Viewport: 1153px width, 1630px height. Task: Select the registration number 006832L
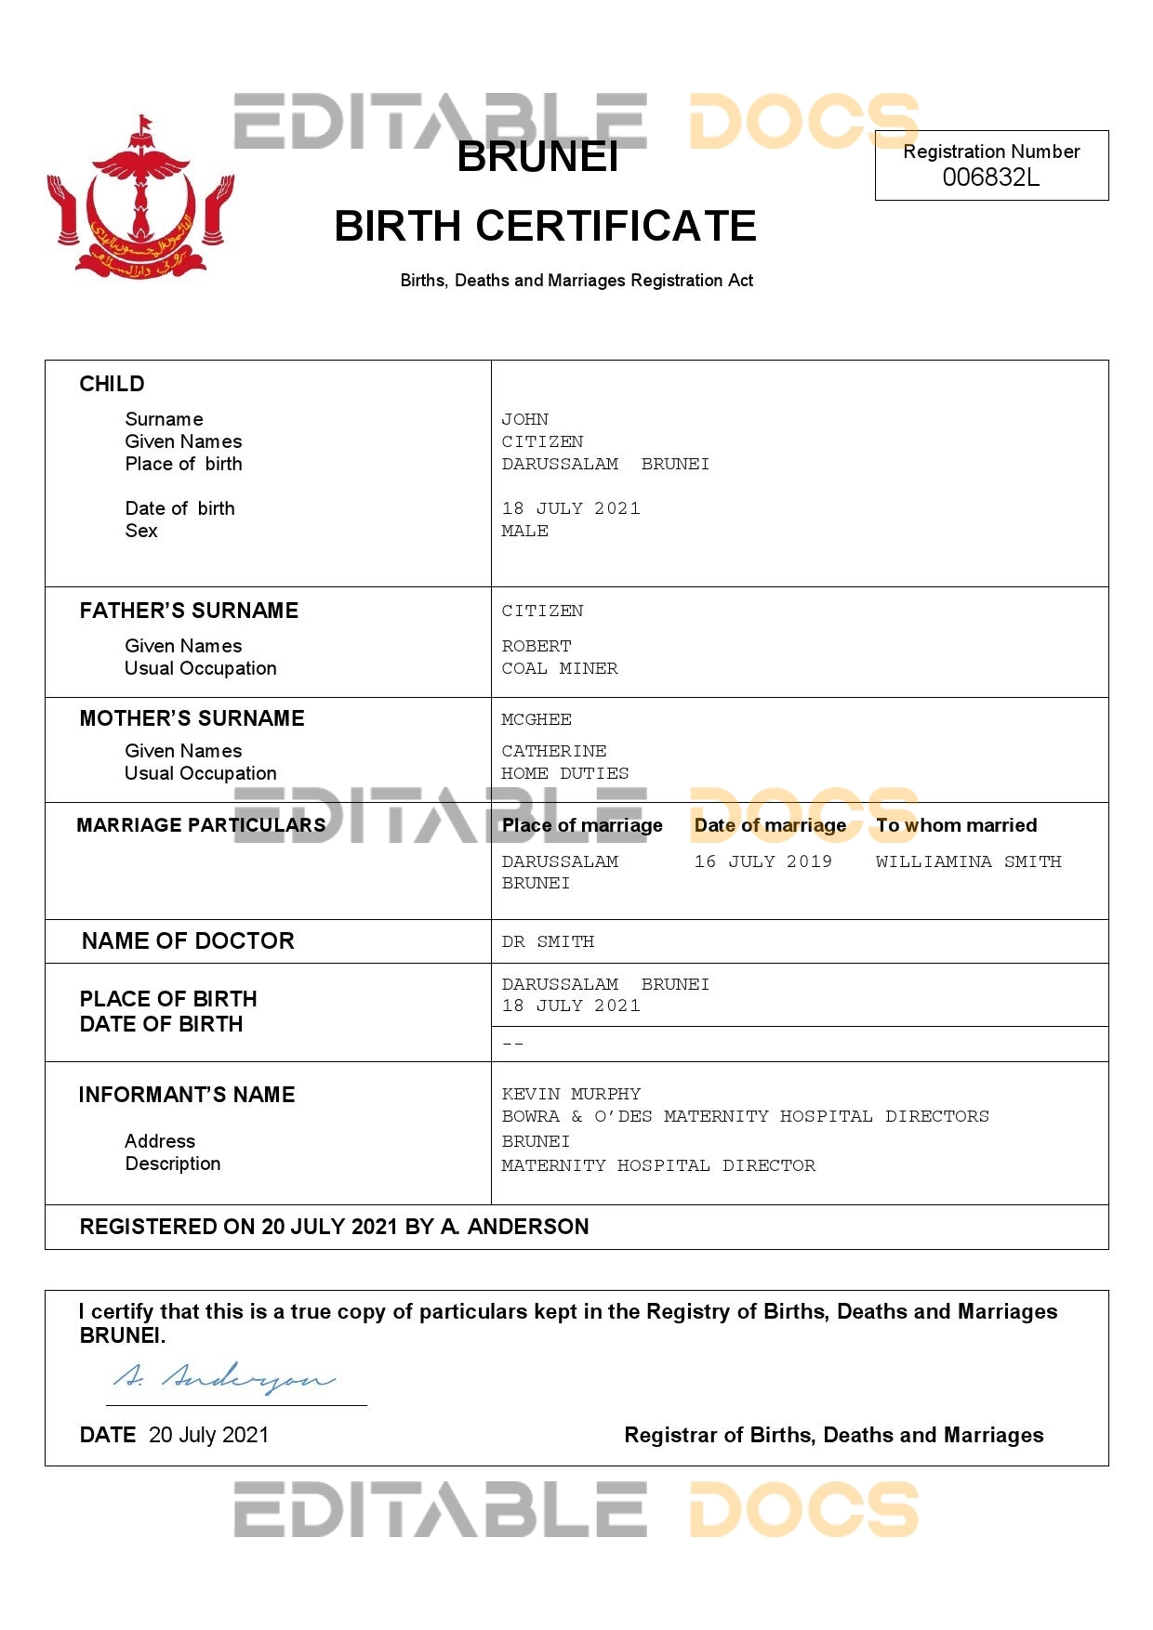(x=990, y=177)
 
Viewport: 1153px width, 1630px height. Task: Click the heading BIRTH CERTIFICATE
(x=545, y=226)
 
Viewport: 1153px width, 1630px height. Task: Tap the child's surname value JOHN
(x=524, y=419)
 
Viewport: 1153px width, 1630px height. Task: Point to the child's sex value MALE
(x=524, y=531)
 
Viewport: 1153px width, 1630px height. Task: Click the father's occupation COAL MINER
(x=559, y=668)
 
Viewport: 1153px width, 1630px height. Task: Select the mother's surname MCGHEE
(x=537, y=719)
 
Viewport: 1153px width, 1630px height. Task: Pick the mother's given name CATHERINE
(x=553, y=751)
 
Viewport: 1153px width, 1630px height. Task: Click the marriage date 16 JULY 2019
(x=762, y=861)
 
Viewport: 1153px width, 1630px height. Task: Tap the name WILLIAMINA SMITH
(x=968, y=861)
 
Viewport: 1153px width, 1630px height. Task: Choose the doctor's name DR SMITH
(x=548, y=941)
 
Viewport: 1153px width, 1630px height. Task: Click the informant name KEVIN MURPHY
(x=571, y=1094)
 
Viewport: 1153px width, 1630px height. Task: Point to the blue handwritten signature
(x=224, y=1379)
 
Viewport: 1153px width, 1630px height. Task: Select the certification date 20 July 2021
(x=208, y=1435)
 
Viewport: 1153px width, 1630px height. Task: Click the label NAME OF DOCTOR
(x=188, y=941)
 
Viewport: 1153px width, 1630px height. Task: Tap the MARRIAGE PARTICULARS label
(x=201, y=825)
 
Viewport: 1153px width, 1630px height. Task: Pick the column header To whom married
(x=956, y=825)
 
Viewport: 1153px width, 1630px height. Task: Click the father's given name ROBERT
(x=537, y=646)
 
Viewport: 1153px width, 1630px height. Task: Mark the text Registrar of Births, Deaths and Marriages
(x=833, y=1435)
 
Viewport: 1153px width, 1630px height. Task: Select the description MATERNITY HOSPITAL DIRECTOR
(x=658, y=1165)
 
